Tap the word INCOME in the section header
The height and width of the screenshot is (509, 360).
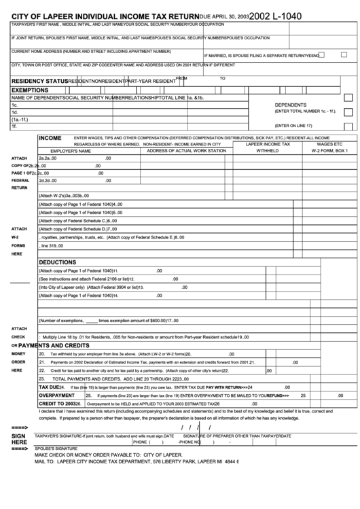[50, 137]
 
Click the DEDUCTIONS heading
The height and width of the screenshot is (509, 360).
[57, 262]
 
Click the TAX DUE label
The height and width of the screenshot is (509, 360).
[50, 386]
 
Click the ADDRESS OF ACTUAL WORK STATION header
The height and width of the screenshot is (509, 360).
[186, 151]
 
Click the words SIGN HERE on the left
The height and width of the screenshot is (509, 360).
[19, 439]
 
